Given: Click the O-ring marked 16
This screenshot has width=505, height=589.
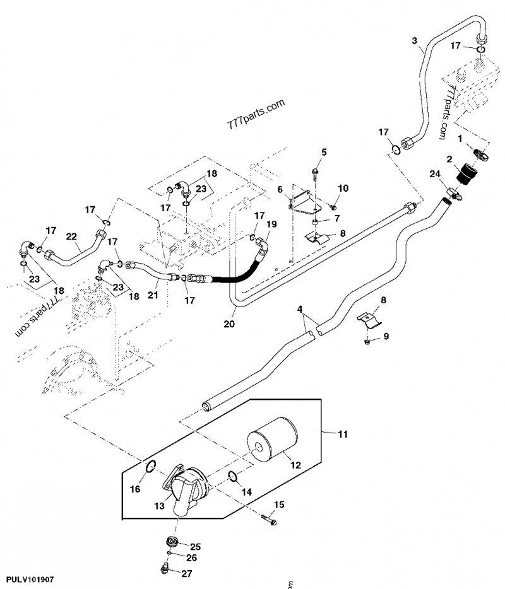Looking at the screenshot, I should click(151, 467).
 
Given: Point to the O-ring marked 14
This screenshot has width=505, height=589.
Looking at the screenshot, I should click(232, 476).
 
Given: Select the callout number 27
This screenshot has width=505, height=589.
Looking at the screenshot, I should click(186, 574).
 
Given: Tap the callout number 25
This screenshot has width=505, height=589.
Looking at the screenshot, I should click(195, 546).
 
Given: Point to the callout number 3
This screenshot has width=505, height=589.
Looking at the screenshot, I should click(415, 41).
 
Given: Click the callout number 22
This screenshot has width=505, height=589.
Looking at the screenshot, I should click(72, 237).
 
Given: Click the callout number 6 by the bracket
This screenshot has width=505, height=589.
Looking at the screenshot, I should click(280, 189).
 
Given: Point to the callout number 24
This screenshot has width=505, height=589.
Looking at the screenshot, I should click(435, 174).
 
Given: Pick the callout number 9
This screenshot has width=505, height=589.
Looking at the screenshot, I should click(385, 336).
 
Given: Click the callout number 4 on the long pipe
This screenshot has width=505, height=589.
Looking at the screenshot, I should click(300, 309).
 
